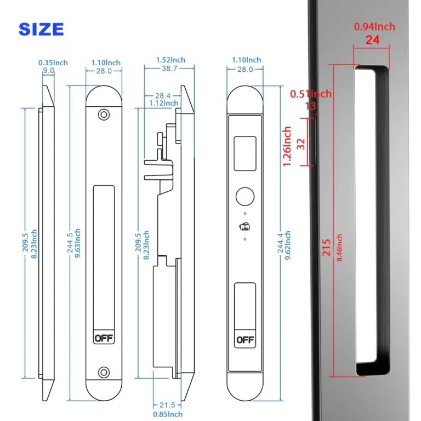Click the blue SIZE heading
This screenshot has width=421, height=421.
point(41,29)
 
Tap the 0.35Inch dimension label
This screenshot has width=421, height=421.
point(53,62)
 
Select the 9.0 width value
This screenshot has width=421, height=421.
point(49,71)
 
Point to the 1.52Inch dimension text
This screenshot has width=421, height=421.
point(170,60)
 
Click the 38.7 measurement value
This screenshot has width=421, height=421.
point(169,69)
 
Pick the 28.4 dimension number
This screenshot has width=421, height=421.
point(163,95)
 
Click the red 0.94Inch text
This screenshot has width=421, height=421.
point(374,27)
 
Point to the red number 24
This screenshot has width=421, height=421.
point(372,39)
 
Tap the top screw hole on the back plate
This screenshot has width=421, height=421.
point(103,115)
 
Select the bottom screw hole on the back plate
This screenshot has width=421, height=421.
point(103,373)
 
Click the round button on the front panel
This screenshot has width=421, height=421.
point(244,197)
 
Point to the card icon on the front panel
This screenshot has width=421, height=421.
point(244,225)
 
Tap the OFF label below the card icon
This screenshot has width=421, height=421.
point(244,340)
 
